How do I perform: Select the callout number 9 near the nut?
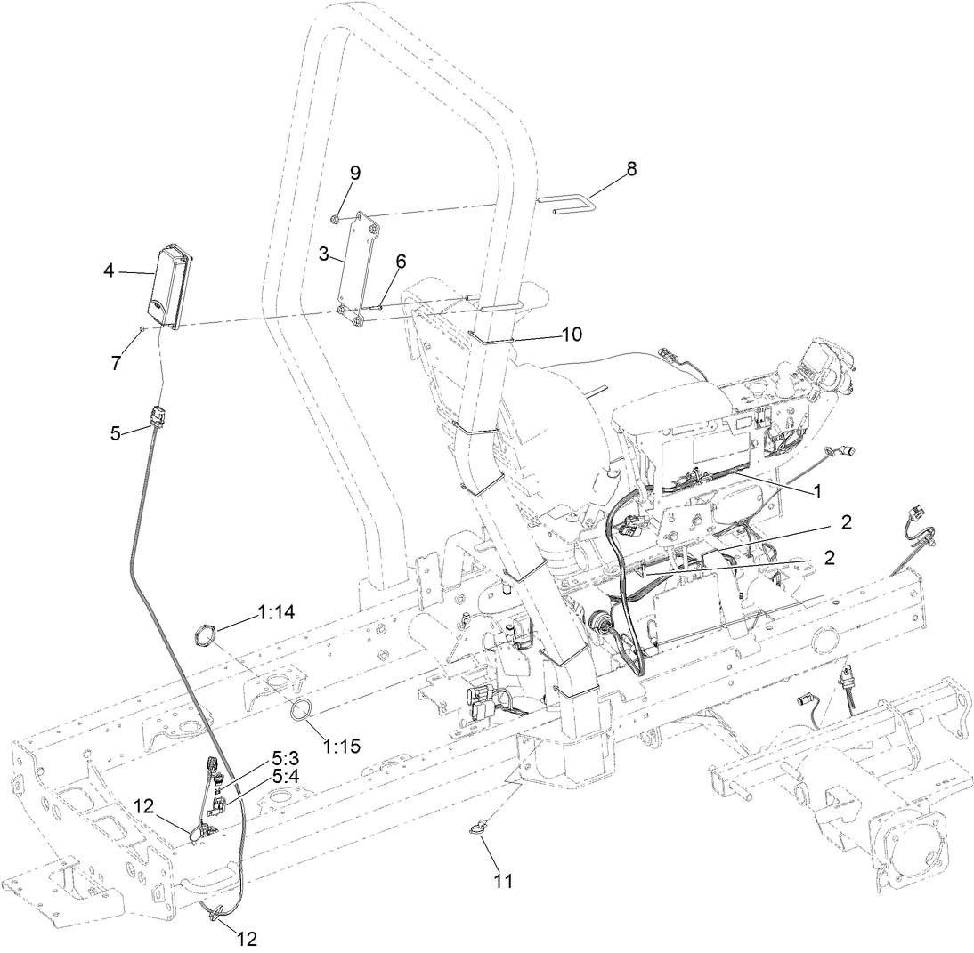coord(354,173)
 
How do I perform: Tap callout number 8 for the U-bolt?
coord(631,168)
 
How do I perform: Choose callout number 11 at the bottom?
coord(505,882)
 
